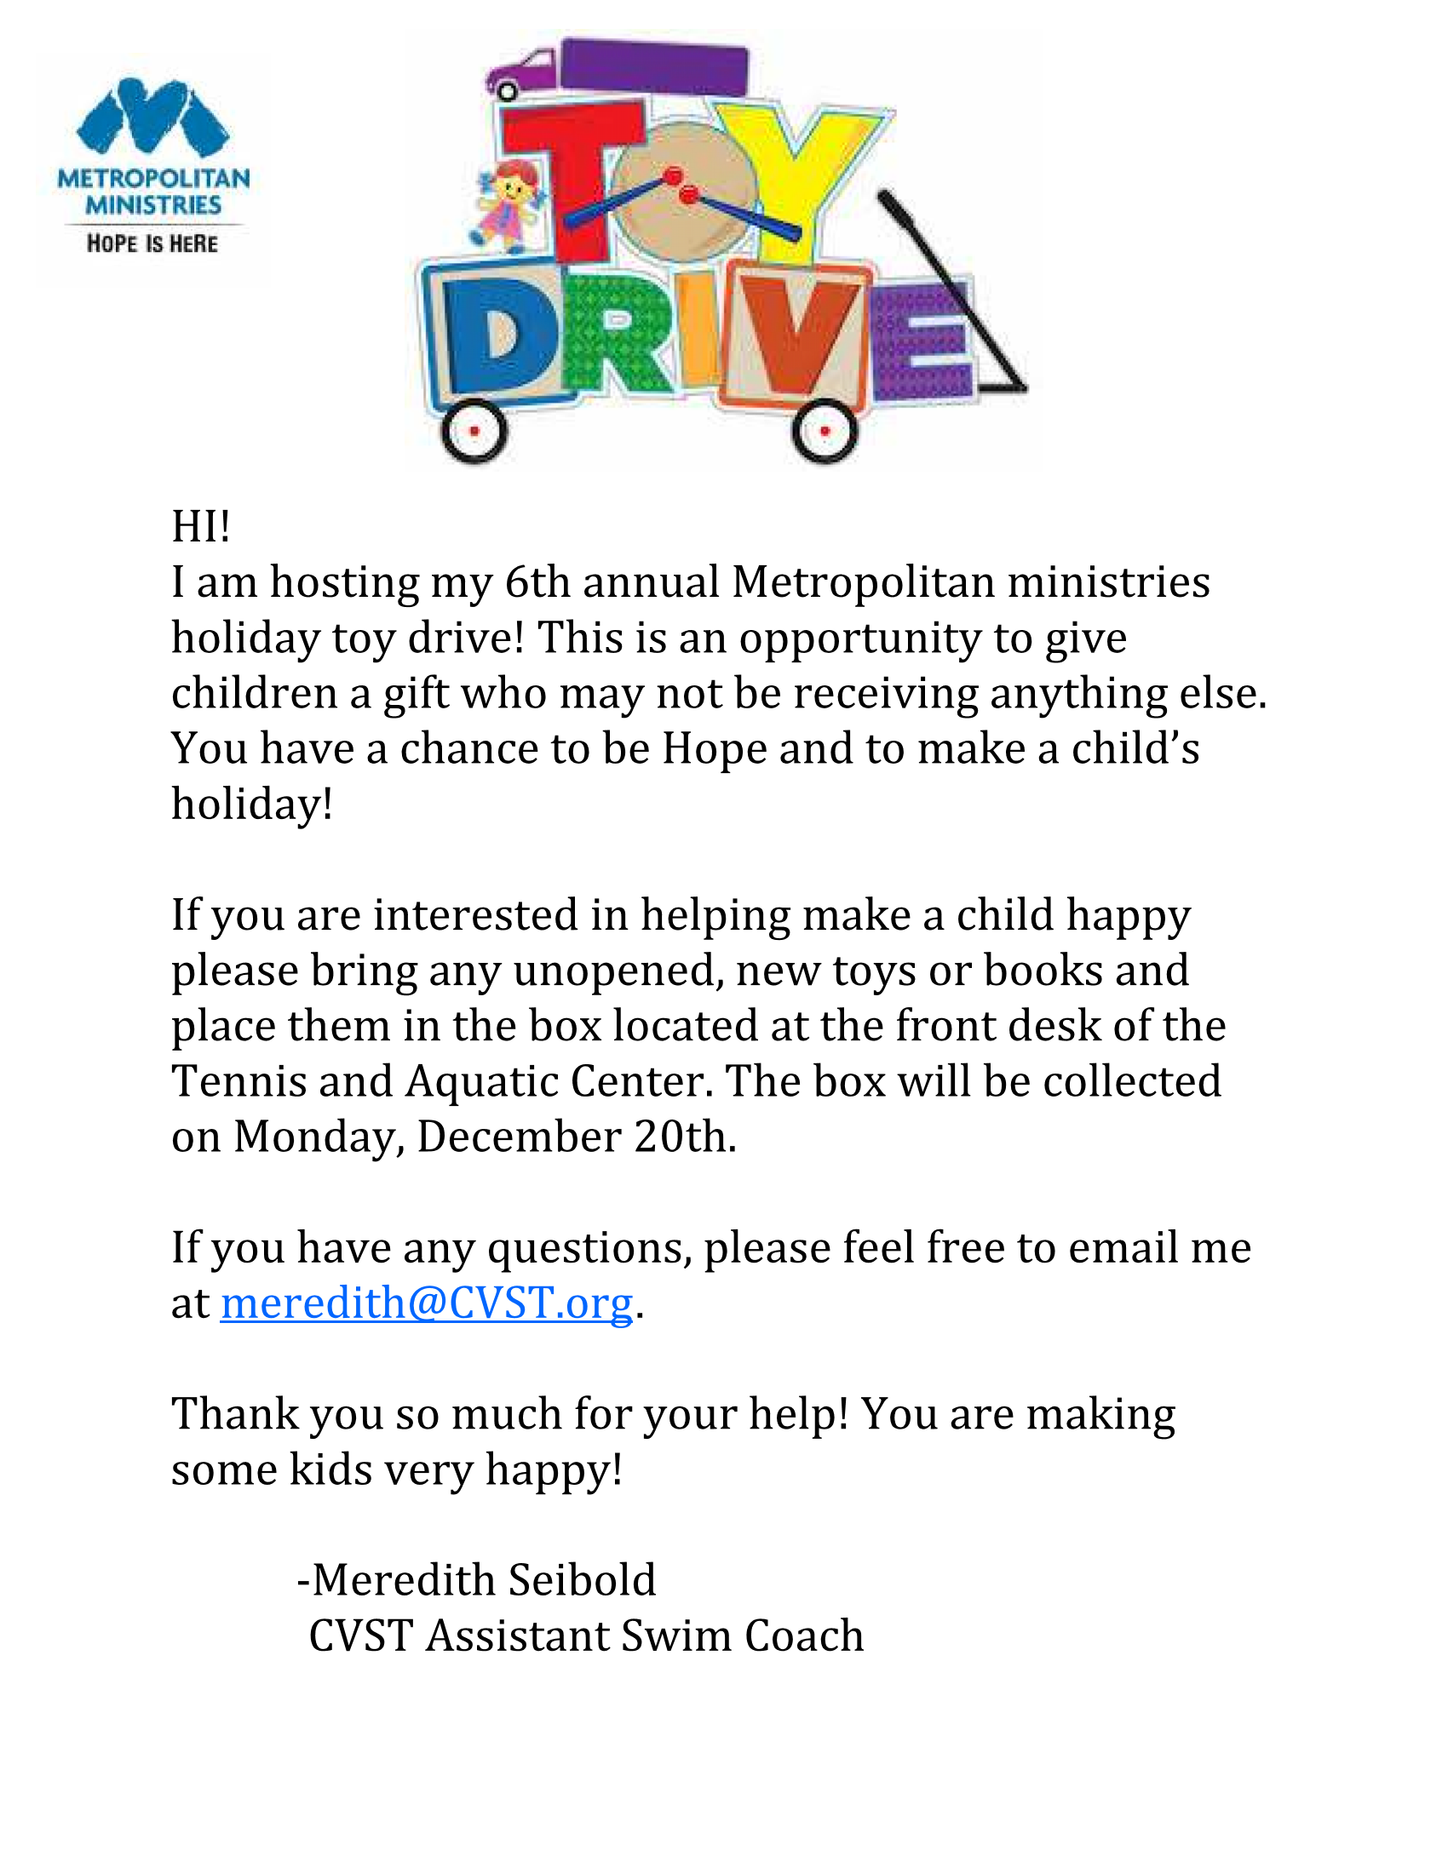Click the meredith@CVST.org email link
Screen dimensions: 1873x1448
[427, 1303]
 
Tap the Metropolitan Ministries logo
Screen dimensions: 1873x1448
[152, 167]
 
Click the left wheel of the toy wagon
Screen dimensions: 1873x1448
[474, 431]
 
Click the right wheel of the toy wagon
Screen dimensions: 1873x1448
[825, 431]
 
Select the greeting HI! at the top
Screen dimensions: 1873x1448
[201, 525]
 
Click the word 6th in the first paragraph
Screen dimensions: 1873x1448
[537, 582]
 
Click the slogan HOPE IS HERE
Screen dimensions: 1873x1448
[152, 243]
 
